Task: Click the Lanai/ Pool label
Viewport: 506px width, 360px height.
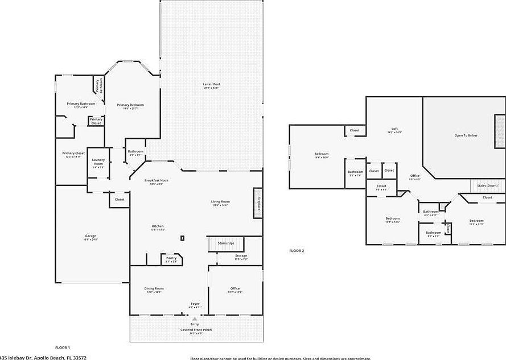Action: coord(211,84)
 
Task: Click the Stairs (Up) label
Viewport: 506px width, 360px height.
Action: coord(226,243)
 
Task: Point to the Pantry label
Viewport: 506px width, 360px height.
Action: coord(171,258)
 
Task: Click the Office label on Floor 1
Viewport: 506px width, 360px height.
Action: coord(235,288)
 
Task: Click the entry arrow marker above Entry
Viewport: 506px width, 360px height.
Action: coord(195,319)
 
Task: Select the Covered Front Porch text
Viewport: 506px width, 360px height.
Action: coord(195,329)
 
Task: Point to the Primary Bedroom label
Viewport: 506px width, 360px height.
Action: coord(130,105)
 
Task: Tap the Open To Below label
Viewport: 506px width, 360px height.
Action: coord(466,135)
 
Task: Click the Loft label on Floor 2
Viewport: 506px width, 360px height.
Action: coord(394,129)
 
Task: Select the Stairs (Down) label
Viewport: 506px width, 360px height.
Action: coord(488,185)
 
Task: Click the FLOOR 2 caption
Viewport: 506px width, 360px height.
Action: coord(297,250)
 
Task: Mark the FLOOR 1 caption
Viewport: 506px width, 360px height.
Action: coord(62,347)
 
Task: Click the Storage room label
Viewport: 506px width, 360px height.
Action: coord(241,256)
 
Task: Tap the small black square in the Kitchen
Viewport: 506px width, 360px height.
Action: coord(182,238)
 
